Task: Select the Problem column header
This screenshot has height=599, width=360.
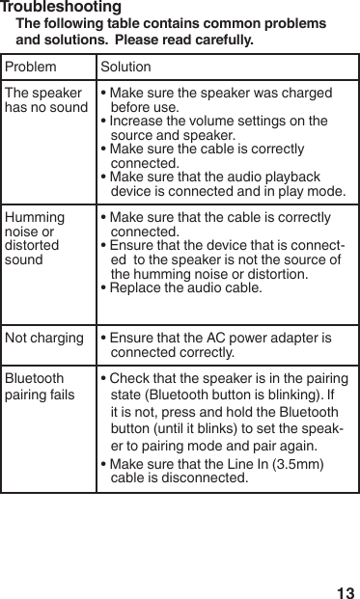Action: pos(31,70)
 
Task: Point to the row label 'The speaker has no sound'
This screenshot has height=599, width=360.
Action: pos(45,101)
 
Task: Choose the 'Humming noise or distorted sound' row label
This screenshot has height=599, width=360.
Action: pos(35,238)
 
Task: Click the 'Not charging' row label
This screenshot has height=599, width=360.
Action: pos(44,339)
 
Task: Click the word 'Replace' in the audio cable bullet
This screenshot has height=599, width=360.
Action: pos(134,287)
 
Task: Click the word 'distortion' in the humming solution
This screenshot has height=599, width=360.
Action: pos(274,274)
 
